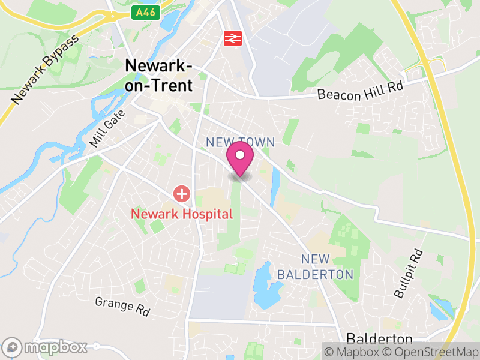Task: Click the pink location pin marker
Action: [240, 157]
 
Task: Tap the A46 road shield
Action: [147, 12]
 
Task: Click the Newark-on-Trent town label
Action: [159, 76]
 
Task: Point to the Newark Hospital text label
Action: [181, 214]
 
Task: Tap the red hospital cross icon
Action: [181, 194]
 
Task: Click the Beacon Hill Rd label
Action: [360, 90]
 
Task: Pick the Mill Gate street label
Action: [107, 128]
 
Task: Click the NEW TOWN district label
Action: [240, 142]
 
